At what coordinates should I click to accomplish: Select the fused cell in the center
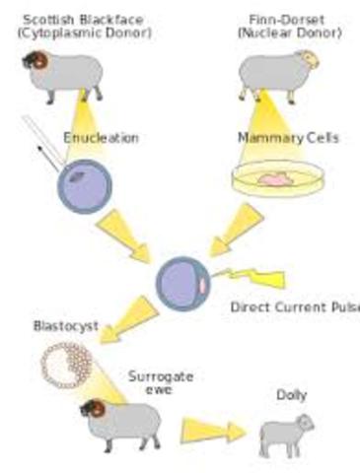click(x=182, y=281)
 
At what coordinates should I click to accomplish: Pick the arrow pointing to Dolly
click(x=211, y=432)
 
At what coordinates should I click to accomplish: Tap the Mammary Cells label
click(x=288, y=137)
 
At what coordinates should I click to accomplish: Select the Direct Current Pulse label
click(x=294, y=306)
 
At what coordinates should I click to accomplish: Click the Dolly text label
click(x=291, y=395)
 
